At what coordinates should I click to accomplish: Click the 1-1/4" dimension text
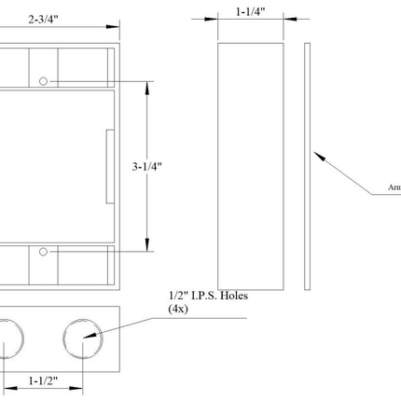tap(250, 12)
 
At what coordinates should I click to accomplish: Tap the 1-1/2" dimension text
tap(44, 380)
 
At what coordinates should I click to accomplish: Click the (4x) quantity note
tap(178, 309)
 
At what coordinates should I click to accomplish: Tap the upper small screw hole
tap(44, 81)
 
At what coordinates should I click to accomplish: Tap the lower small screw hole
tap(44, 252)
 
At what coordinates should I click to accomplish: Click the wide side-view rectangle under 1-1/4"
tap(250, 162)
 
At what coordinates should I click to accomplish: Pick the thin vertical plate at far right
tap(307, 162)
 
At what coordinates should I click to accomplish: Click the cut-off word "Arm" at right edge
tap(394, 187)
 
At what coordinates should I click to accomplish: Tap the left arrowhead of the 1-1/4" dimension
tap(222, 19)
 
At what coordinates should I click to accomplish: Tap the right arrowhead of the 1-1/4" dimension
tap(279, 19)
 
